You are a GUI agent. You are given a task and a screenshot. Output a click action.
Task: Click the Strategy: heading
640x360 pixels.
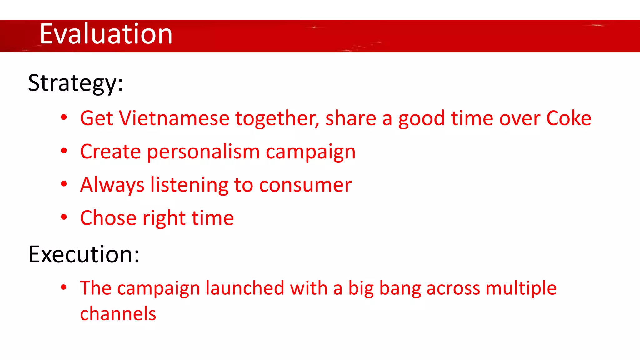76,83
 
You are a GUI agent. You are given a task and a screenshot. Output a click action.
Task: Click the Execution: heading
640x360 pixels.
84,254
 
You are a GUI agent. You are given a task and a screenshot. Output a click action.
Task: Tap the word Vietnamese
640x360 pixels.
174,118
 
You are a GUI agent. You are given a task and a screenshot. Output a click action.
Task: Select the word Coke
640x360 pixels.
568,118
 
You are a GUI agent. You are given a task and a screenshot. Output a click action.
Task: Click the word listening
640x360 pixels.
189,185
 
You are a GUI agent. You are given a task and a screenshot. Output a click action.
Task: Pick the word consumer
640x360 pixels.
305,185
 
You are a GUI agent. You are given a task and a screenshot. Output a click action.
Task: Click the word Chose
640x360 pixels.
108,218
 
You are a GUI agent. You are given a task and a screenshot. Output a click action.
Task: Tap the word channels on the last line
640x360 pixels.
118,314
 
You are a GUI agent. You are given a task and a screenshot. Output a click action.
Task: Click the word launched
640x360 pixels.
245,288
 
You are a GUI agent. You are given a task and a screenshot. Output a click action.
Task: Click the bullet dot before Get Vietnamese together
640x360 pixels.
64,117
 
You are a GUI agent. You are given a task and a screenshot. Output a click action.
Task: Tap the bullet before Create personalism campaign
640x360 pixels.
64,151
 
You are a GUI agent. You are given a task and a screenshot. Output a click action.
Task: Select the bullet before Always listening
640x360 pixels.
64,184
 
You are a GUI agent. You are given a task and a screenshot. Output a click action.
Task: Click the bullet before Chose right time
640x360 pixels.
64,217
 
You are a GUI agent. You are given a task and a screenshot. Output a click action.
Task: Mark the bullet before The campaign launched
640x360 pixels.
64,287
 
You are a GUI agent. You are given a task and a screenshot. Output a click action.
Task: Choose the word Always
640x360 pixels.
112,185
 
